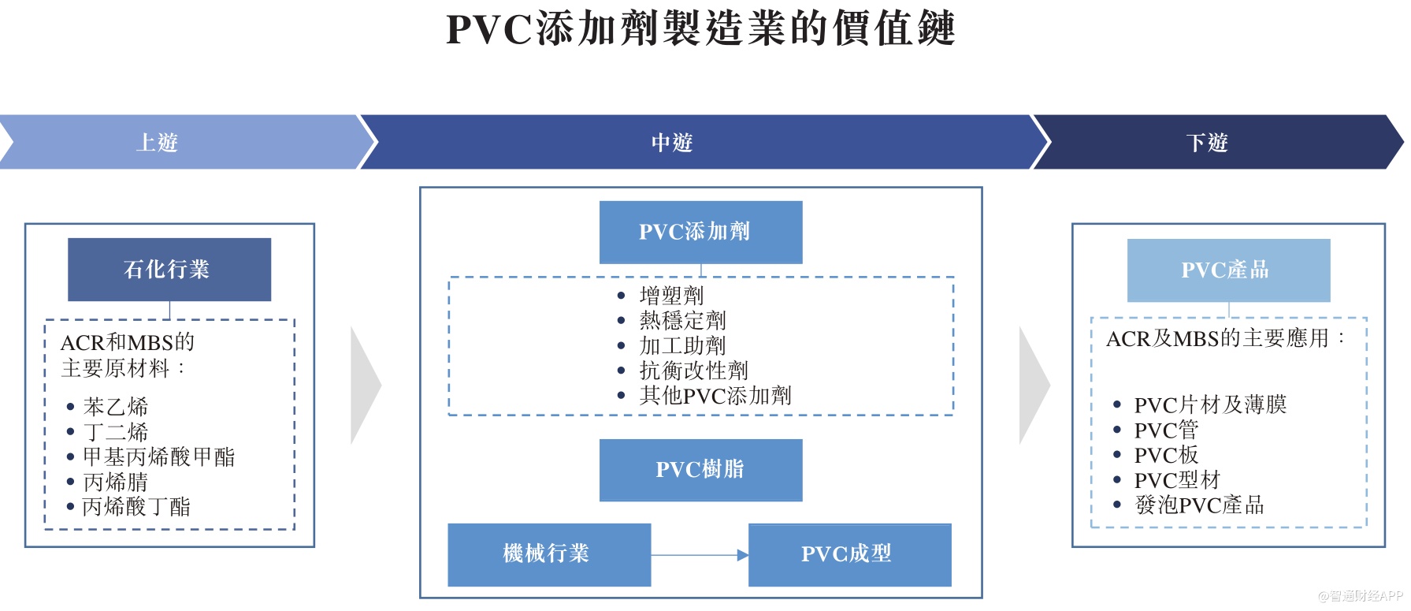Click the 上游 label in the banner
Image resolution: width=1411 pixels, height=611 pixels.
[157, 143]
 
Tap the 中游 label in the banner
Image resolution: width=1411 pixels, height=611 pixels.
[671, 143]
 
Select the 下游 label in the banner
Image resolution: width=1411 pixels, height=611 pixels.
[1206, 143]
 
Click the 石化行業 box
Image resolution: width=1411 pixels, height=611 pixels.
[169, 270]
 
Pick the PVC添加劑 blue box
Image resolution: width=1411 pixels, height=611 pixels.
[700, 232]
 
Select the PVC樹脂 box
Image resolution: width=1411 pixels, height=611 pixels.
[700, 470]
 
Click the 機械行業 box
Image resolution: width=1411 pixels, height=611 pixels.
[548, 554]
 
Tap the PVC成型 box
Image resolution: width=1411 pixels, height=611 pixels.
[849, 554]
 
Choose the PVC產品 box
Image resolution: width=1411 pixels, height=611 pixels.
[1227, 270]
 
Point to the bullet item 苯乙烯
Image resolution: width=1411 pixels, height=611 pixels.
[116, 407]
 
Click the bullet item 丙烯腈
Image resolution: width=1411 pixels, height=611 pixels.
[116, 482]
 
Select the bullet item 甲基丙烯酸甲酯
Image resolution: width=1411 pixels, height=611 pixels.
[159, 457]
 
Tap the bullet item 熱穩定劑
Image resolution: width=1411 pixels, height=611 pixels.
[682, 320]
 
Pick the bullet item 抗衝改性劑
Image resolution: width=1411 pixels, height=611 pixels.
[693, 371]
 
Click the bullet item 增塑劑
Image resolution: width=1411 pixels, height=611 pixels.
[671, 296]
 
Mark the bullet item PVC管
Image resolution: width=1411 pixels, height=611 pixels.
[1166, 430]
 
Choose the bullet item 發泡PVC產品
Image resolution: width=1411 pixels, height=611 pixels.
[1199, 505]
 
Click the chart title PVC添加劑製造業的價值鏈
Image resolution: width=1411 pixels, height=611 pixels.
[700, 29]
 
